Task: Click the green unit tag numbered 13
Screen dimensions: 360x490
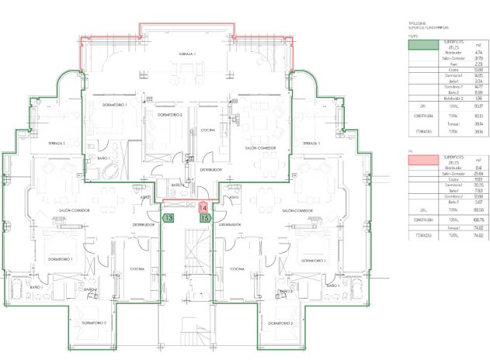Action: pos(169,218)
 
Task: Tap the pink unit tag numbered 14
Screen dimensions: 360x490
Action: pos(203,208)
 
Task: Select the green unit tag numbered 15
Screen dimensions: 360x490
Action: pos(205,218)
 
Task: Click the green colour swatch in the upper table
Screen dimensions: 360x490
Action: pos(423,46)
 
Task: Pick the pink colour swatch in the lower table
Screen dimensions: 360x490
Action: pos(423,161)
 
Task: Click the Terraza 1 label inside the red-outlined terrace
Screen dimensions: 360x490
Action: pos(186,54)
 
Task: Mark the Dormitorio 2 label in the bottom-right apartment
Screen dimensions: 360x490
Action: pos(279,322)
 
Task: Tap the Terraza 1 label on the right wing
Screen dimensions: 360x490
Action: pos(312,144)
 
